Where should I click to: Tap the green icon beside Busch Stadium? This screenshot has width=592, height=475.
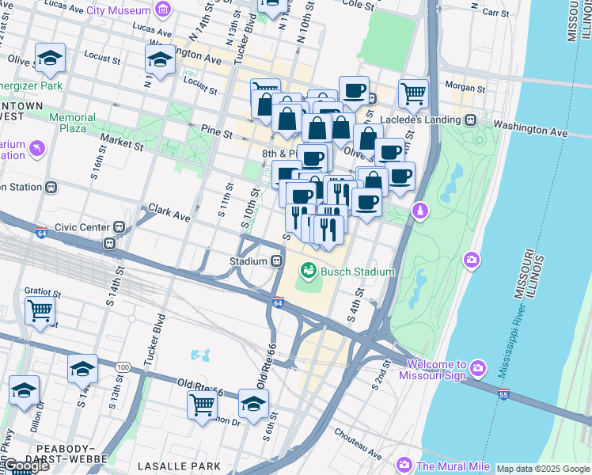click(x=307, y=272)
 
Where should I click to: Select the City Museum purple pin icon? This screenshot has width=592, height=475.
click(x=163, y=10)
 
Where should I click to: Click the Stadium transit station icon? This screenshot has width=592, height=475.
click(x=277, y=260)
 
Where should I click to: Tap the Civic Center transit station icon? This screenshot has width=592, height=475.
click(x=120, y=227)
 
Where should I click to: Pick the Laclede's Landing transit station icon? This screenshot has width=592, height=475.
click(x=470, y=120)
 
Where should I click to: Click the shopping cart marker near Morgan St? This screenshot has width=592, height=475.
click(x=413, y=93)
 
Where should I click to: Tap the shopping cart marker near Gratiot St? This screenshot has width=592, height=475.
click(x=40, y=310)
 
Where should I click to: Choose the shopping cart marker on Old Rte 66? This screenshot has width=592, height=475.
click(x=202, y=404)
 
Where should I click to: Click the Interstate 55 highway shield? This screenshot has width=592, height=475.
click(x=503, y=393)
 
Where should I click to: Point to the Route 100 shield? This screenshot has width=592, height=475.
click(x=122, y=367)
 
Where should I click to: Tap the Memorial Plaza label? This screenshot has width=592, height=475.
click(x=72, y=123)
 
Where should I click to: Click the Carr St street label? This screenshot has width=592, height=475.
click(x=495, y=13)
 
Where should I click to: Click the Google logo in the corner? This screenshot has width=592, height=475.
click(x=26, y=465)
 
